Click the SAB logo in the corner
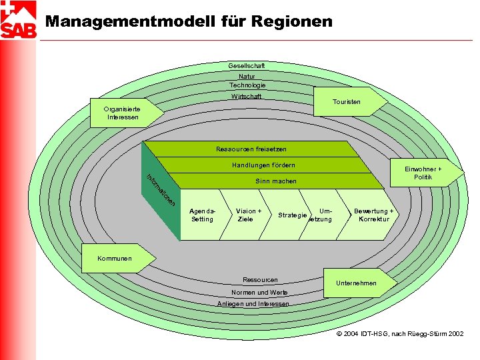pyautogui.click(x=19, y=20)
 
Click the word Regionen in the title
pyautogui.click(x=291, y=21)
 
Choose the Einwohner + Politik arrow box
pyautogui.click(x=426, y=173)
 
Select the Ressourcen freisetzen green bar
pyautogui.click(x=251, y=149)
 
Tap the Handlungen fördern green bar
pyautogui.click(x=263, y=165)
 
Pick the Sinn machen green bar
pyautogui.click(x=275, y=181)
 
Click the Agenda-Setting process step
pyautogui.click(x=203, y=215)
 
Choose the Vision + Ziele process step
pyautogui.click(x=247, y=215)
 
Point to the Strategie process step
pyautogui.click(x=291, y=215)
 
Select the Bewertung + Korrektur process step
pyautogui.click(x=373, y=215)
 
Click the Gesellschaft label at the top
pyautogui.click(x=247, y=66)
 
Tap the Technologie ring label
pyautogui.click(x=247, y=85)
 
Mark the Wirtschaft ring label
pyautogui.click(x=246, y=97)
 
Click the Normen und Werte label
pyautogui.click(x=259, y=293)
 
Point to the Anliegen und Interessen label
pyautogui.click(x=253, y=304)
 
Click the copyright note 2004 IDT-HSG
pyautogui.click(x=399, y=333)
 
